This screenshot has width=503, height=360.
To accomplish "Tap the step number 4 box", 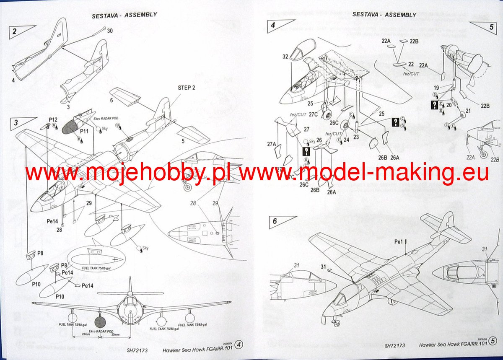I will click(x=273, y=25).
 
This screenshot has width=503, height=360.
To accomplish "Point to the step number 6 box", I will click(x=275, y=221).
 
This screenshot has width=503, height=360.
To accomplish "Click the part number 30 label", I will click(x=110, y=31).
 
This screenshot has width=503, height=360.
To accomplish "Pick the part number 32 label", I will click(x=285, y=57).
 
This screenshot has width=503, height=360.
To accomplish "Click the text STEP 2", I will click(x=187, y=88).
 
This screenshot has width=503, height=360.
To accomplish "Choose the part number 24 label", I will click(x=346, y=140).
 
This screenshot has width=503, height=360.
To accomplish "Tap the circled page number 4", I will click(x=239, y=344).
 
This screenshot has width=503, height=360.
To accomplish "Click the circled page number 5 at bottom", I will click(x=493, y=344).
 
